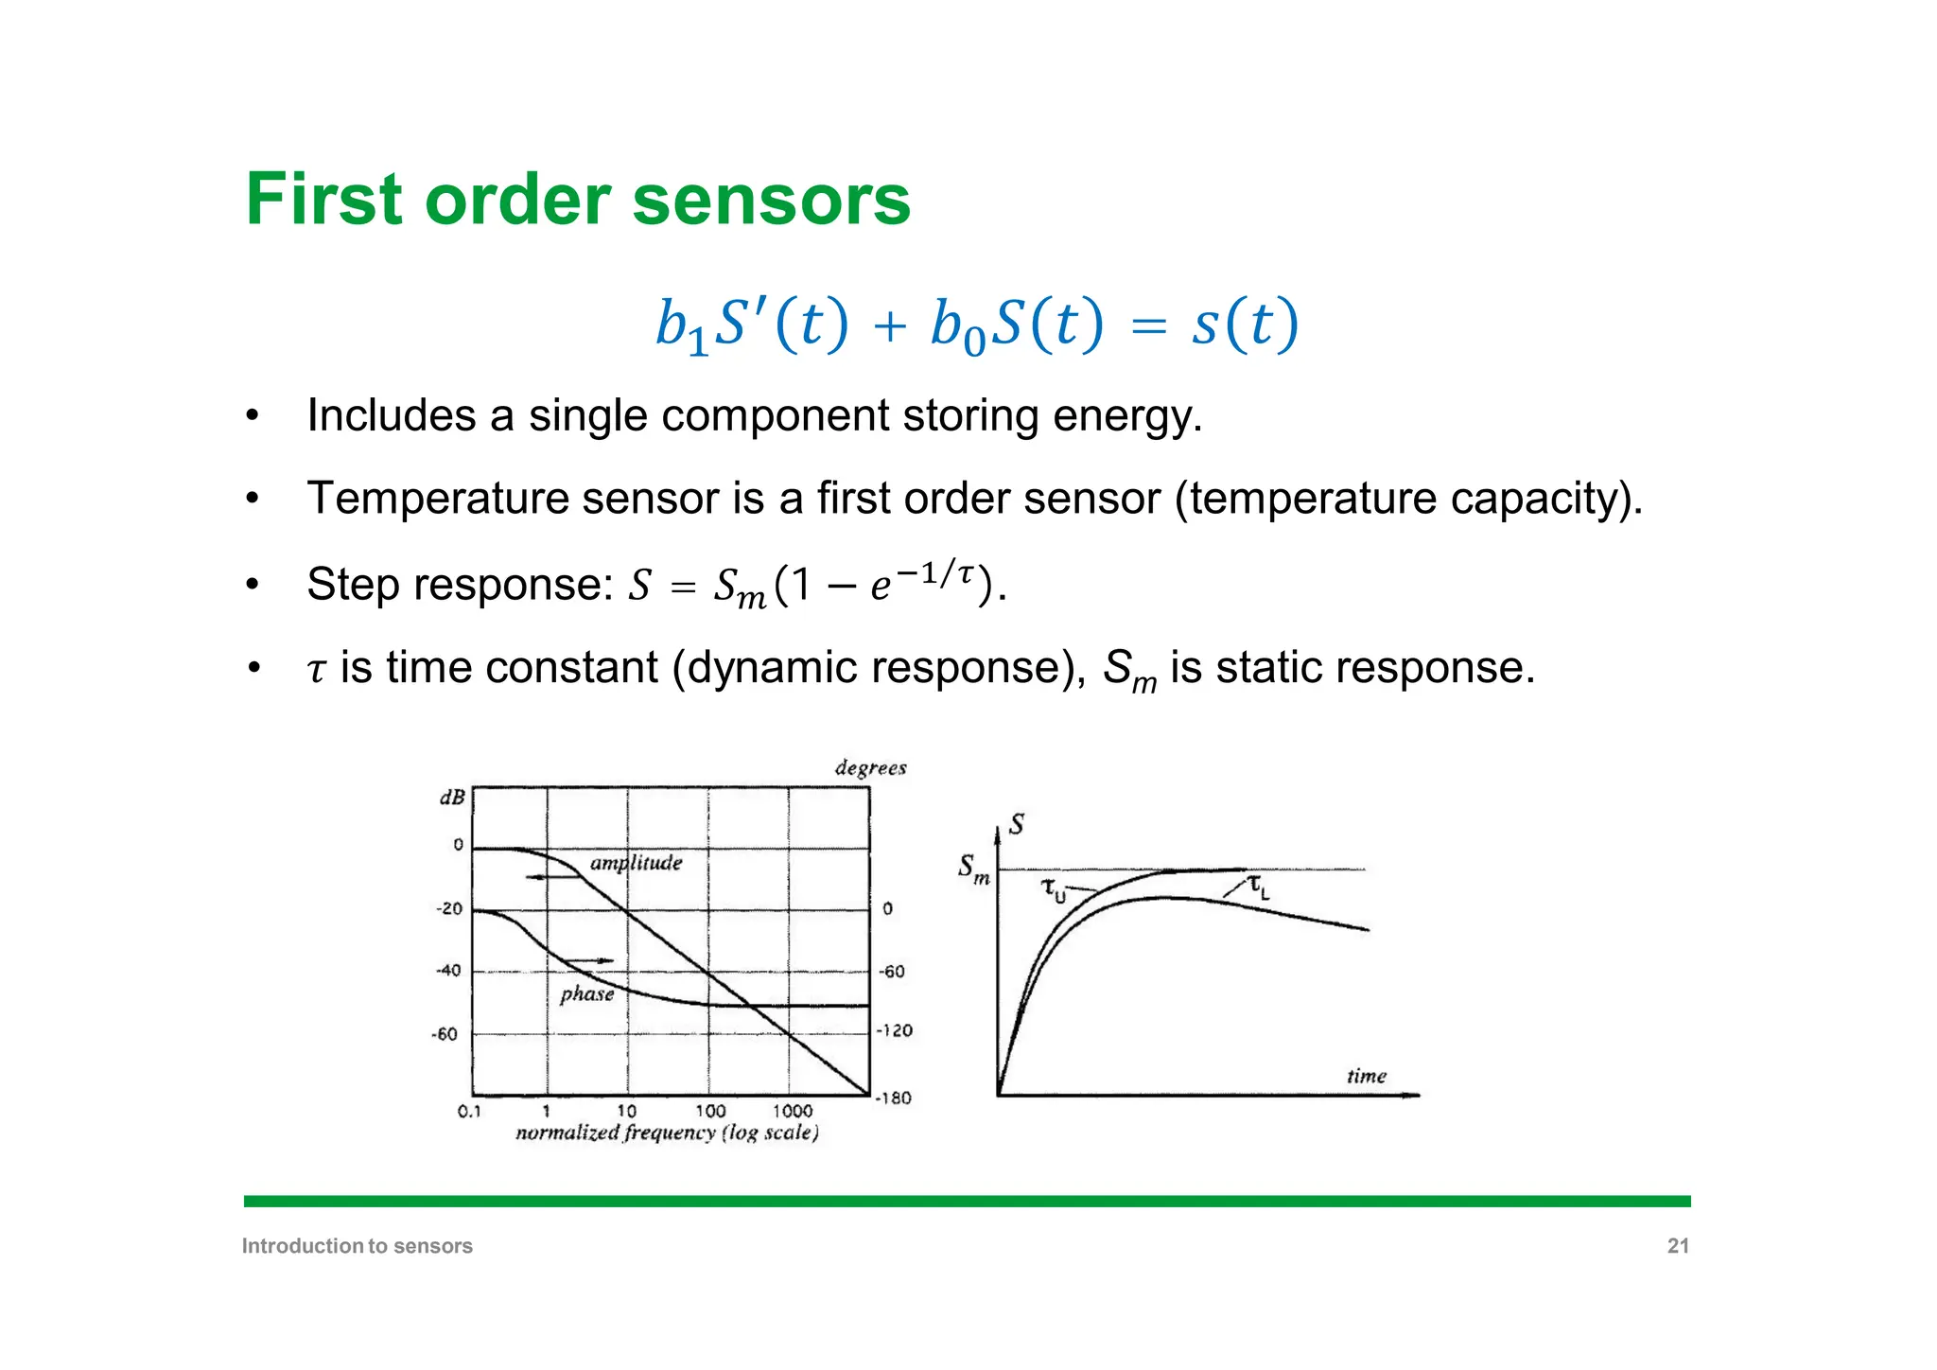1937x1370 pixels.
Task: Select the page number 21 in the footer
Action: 1678,1246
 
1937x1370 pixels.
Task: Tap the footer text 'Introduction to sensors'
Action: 357,1246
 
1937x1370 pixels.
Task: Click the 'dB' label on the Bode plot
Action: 452,798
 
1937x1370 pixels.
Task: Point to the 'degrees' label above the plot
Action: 870,767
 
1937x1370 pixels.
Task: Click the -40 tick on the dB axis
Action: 447,971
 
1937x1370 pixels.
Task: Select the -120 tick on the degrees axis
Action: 894,1030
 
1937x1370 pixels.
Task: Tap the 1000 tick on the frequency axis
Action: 793,1111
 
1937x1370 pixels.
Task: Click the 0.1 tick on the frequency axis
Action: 469,1111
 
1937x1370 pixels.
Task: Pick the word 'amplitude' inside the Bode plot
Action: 636,863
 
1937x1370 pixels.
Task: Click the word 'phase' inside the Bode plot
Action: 586,993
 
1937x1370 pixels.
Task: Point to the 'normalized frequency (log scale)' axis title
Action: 667,1133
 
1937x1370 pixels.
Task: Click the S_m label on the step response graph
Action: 973,868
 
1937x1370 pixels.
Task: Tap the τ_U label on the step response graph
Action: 1053,889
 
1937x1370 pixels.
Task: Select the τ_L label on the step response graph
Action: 1259,887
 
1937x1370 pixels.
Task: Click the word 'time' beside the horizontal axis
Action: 1366,1076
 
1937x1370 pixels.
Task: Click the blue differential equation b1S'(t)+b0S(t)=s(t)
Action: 977,325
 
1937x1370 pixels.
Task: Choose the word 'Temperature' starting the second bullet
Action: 438,499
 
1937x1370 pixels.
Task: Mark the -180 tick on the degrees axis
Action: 894,1098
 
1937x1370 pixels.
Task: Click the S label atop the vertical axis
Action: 1017,824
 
